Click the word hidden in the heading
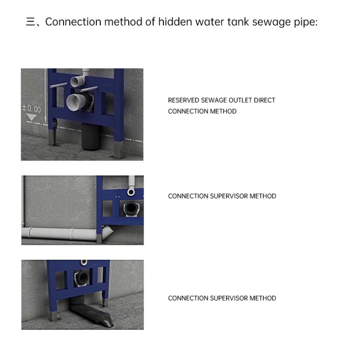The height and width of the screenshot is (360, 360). click(x=175, y=22)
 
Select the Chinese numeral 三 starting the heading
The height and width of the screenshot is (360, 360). click(x=31, y=22)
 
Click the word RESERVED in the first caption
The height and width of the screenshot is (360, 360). click(x=184, y=100)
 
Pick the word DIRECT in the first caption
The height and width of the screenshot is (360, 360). click(x=264, y=100)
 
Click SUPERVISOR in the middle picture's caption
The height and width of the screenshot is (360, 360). click(x=229, y=196)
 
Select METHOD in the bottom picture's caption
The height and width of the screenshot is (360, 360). click(x=263, y=298)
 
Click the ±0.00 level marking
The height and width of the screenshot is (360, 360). click(x=31, y=108)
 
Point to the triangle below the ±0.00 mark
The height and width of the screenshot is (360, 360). click(x=31, y=117)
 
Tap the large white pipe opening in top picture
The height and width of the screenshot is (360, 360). click(x=75, y=102)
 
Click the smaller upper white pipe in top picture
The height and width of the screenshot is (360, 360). click(x=77, y=81)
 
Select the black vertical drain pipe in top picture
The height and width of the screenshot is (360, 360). click(x=91, y=137)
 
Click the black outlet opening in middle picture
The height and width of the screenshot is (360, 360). click(x=131, y=208)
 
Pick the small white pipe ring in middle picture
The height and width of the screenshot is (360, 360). click(x=131, y=192)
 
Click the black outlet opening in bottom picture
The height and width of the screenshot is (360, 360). click(x=82, y=277)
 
